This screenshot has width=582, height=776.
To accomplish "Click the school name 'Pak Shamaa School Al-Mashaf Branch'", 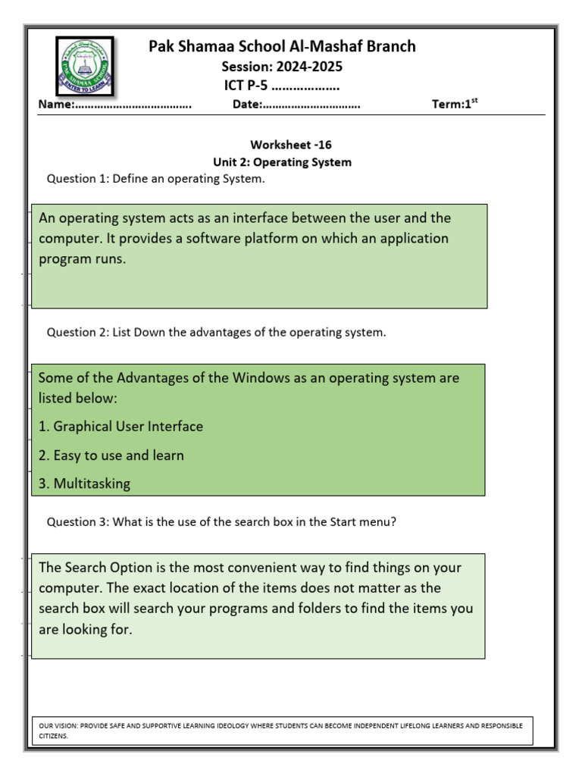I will click(x=282, y=47).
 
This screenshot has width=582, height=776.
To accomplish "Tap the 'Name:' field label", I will click(x=56, y=105).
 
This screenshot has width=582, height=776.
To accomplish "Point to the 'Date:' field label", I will click(x=248, y=105).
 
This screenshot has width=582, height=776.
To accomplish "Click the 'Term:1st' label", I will click(x=455, y=105).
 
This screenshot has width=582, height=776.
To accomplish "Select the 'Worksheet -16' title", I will click(x=291, y=145).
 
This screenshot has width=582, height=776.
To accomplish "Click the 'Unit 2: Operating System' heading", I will click(x=283, y=162).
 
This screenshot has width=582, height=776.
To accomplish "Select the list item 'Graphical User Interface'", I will click(x=128, y=427).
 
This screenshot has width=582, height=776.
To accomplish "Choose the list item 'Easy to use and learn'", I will click(x=118, y=455).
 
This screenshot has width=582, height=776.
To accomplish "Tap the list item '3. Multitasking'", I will click(x=84, y=483).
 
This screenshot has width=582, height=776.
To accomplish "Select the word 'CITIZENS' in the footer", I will click(x=53, y=736).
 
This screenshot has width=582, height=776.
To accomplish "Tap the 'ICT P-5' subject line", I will click(x=246, y=86).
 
